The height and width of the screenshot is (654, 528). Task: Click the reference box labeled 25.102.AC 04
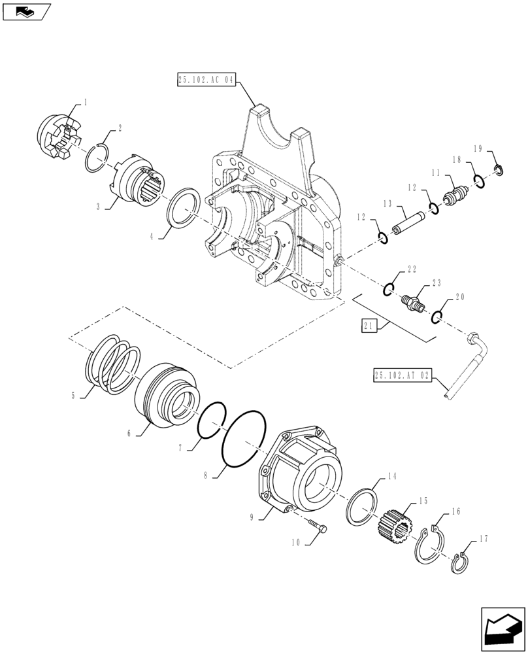coord(205,80)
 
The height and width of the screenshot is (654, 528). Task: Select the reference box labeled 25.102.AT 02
coord(403,375)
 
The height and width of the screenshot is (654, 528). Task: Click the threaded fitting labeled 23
coord(412,301)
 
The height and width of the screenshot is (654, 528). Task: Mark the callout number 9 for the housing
coord(252,517)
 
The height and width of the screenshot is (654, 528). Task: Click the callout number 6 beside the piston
coord(129,433)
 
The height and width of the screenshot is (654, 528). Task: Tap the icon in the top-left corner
coord(25,10)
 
